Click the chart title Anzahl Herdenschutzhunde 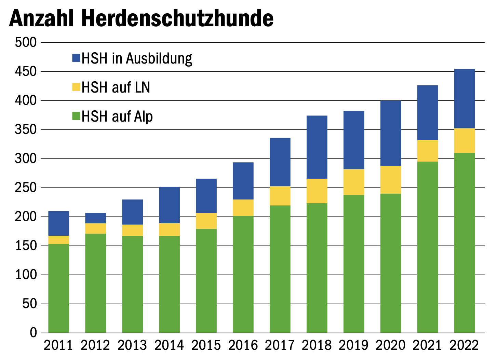coord(141,18)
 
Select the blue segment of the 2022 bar coord(464,99)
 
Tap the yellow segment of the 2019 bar coord(354,182)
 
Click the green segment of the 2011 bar coord(58,288)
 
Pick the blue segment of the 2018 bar coord(317,147)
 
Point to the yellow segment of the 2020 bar coord(391,180)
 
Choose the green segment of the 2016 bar coord(243,274)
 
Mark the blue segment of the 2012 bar coord(95,218)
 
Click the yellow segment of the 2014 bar coord(169,230)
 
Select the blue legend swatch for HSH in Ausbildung coord(76,58)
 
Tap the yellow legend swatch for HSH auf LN coord(76,87)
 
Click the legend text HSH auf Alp coord(117,117)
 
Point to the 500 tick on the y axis coord(26,42)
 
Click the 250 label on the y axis coord(26,188)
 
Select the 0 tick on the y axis coord(33,333)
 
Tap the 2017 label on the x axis coord(280,345)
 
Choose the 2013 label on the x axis coord(132,345)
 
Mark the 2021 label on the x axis coord(427,345)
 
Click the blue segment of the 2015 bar coord(206,196)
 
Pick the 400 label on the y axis coord(26,101)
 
